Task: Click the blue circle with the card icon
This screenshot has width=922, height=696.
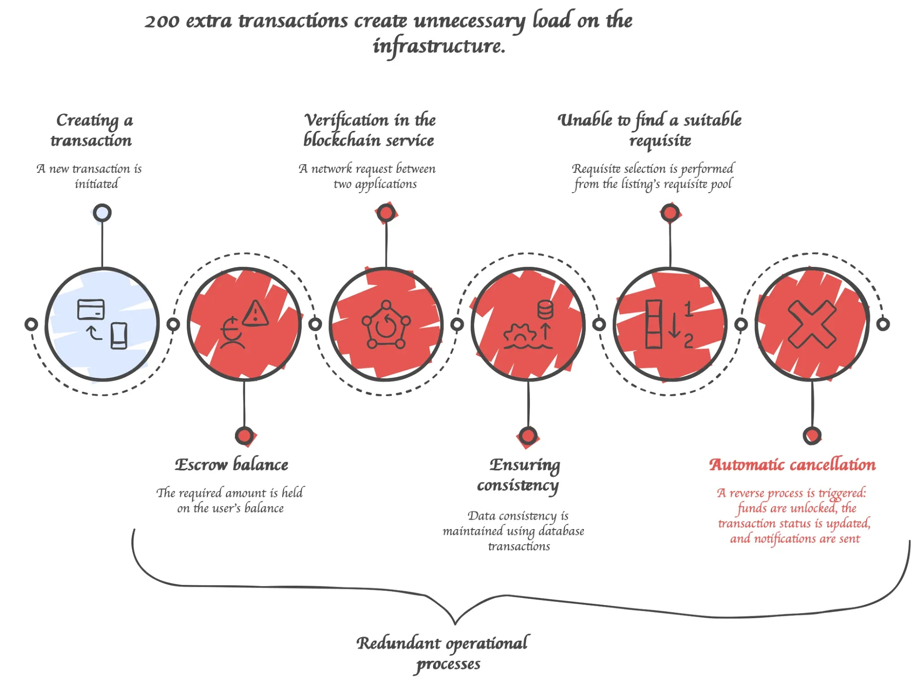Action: coord(102,324)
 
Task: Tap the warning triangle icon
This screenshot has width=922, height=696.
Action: coord(255,314)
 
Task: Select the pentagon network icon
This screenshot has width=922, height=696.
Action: coord(386,324)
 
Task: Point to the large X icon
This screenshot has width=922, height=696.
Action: coord(812,324)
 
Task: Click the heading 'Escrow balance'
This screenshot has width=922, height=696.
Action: coord(232,465)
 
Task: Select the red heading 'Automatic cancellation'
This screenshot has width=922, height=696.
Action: coord(792,465)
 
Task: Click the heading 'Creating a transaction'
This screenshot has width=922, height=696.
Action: coord(92,130)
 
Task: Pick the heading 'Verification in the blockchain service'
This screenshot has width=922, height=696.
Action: coord(369,130)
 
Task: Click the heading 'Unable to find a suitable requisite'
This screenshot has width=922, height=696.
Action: coord(650,130)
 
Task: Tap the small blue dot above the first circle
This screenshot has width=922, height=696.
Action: coord(102,213)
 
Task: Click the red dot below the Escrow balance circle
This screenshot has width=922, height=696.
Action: coord(244,436)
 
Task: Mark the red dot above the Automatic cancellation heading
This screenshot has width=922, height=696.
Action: coord(812,436)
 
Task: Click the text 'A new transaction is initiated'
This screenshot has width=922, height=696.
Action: coord(90,176)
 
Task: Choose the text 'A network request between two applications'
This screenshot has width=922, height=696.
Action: coord(368,176)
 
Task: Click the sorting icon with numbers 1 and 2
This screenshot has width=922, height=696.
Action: coord(669,324)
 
